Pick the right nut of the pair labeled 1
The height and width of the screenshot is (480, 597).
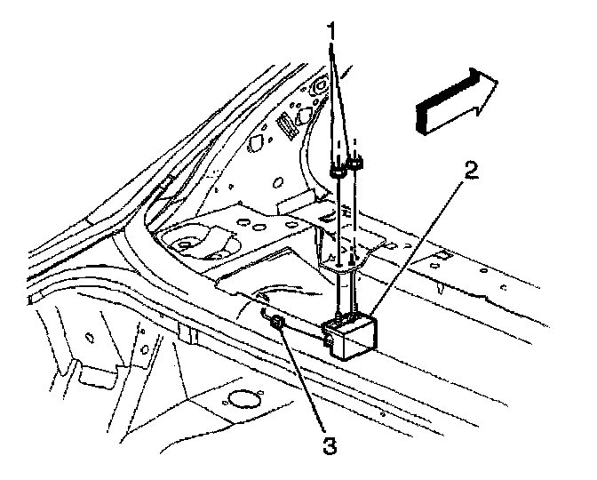(357, 163)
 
